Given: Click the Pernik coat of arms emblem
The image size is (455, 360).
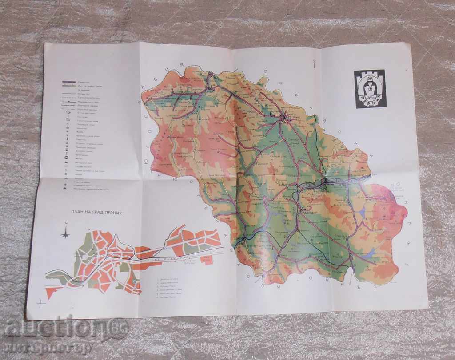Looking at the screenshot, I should (370, 88).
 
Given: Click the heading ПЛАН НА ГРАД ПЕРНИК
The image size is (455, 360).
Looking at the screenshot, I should (94, 212).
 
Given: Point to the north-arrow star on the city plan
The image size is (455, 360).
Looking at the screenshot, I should (65, 232).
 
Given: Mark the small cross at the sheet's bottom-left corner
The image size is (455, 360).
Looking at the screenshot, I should (41, 304).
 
